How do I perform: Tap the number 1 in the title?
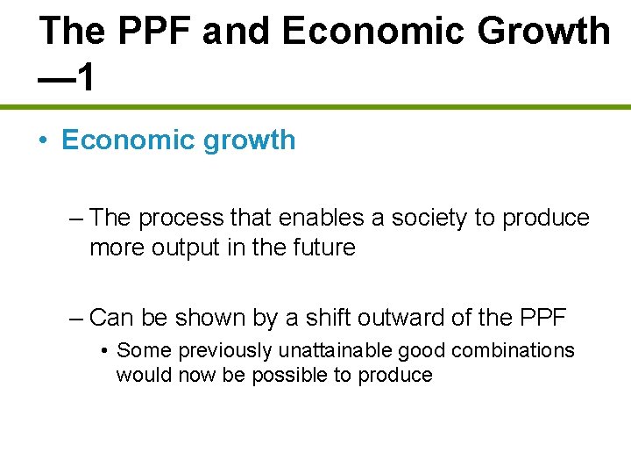(x=84, y=77)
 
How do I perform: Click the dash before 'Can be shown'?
(x=76, y=317)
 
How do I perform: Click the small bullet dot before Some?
(x=104, y=351)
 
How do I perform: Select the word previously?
(x=224, y=351)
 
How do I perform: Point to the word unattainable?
(x=336, y=351)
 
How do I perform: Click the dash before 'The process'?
(x=76, y=218)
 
